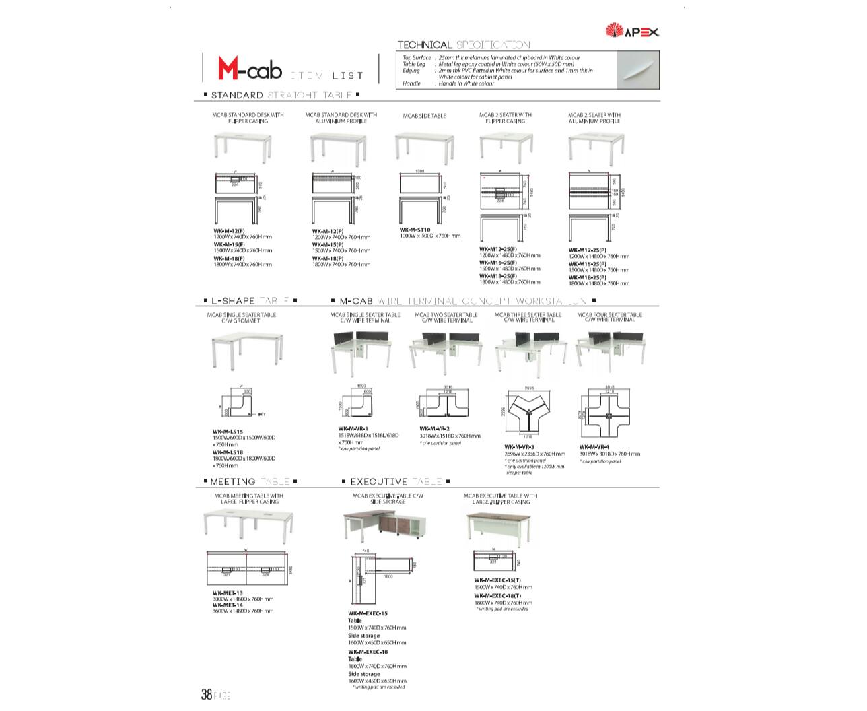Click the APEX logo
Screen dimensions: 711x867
point(632,30)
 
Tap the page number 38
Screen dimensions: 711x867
point(207,694)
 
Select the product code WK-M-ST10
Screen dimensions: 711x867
point(415,230)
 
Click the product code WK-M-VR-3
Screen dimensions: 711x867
point(519,447)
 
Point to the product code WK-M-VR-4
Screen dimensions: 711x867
point(594,447)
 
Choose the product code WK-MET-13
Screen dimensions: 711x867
point(227,592)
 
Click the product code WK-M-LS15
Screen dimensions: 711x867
point(228,432)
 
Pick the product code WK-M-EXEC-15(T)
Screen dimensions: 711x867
point(497,580)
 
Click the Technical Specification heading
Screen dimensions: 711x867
point(464,45)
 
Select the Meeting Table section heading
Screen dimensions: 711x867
point(250,482)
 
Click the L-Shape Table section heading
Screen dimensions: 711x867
point(249,301)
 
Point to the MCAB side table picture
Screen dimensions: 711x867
point(421,147)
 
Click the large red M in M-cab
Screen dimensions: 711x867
point(228,67)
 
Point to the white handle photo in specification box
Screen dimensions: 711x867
point(637,69)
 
